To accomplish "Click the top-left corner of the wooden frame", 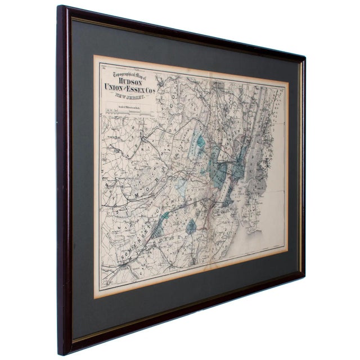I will (60, 7).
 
